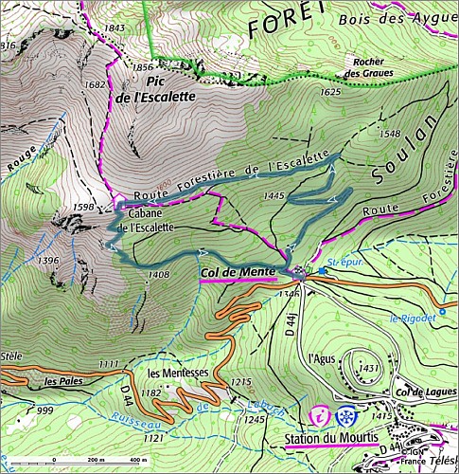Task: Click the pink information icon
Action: coord(322,415)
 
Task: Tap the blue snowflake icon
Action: coord(347,415)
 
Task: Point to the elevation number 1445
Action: coord(275,195)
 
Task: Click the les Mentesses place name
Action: coord(177,372)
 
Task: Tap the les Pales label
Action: coord(58,381)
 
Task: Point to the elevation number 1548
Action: coord(389,135)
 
